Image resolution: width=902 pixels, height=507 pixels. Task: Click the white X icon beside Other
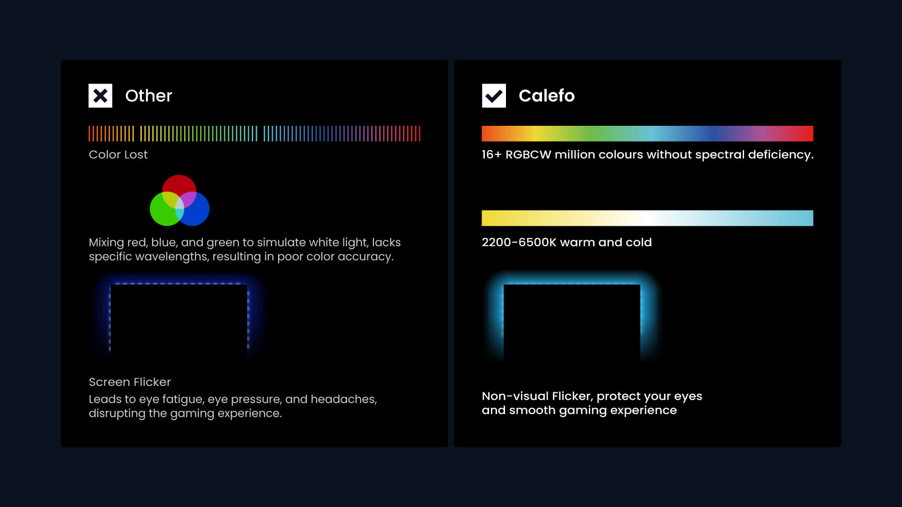coord(100,96)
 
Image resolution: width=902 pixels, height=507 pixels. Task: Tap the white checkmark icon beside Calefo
coord(494,96)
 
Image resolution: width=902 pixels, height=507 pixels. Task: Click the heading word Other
coord(148,96)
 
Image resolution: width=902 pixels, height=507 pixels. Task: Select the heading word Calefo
coord(546,96)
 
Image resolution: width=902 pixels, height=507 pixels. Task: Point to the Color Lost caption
coord(118,154)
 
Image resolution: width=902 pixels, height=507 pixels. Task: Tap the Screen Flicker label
coord(130,382)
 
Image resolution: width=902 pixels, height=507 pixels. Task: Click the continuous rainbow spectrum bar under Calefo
coord(647,133)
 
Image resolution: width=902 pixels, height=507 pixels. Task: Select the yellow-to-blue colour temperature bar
coord(647,218)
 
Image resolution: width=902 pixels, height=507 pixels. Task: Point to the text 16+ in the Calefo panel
coord(491,154)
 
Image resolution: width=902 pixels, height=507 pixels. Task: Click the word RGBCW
coord(528,154)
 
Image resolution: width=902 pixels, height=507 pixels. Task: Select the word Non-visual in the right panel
coord(515,396)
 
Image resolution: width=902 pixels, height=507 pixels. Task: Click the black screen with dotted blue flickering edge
coord(179,322)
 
